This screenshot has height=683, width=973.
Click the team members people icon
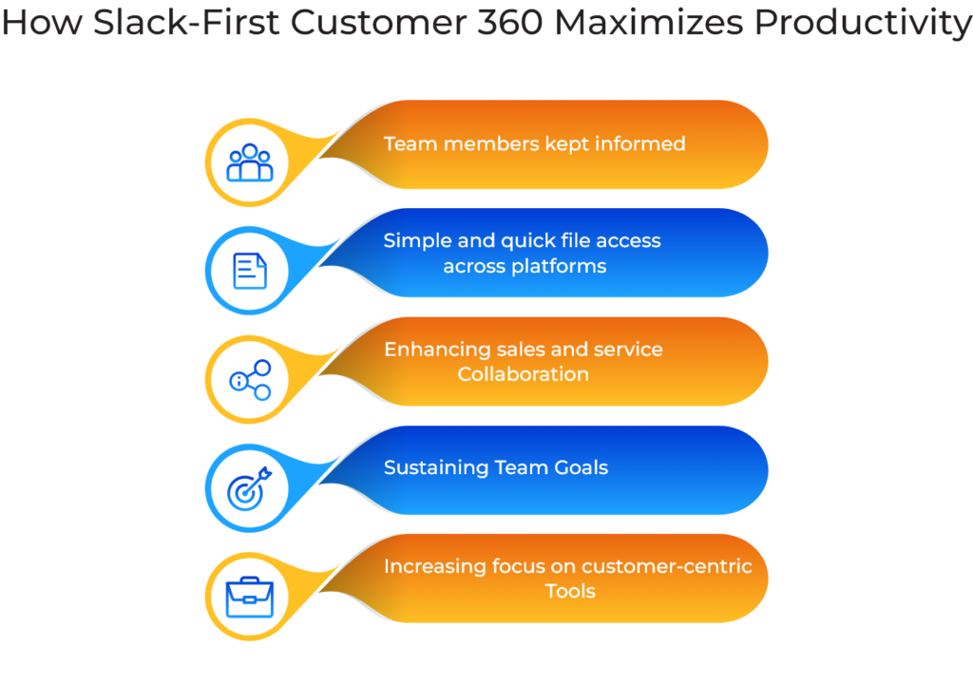click(x=250, y=162)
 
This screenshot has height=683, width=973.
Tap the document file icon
click(x=250, y=271)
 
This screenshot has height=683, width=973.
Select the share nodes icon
click(x=250, y=380)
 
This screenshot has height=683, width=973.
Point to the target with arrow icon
click(x=250, y=488)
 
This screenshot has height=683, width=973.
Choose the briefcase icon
click(x=250, y=597)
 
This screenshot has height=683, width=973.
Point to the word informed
click(x=639, y=144)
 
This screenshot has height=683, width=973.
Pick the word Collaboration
click(x=523, y=374)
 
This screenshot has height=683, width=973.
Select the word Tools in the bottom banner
click(x=570, y=591)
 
